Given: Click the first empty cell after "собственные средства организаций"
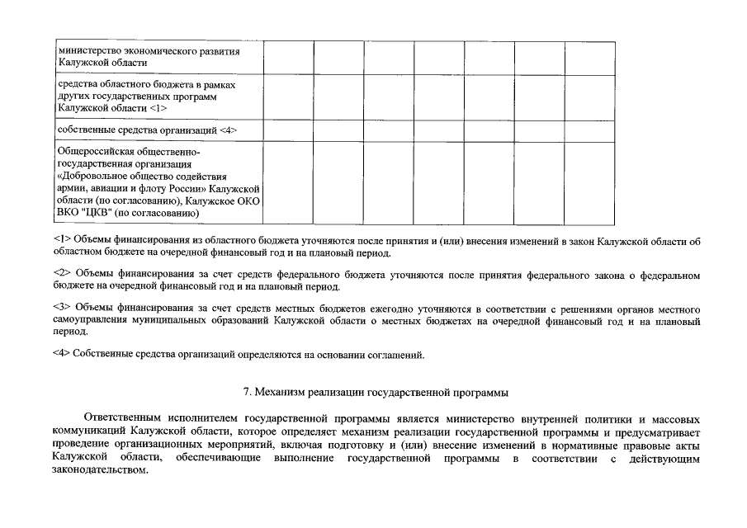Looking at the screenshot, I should point(287,130).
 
